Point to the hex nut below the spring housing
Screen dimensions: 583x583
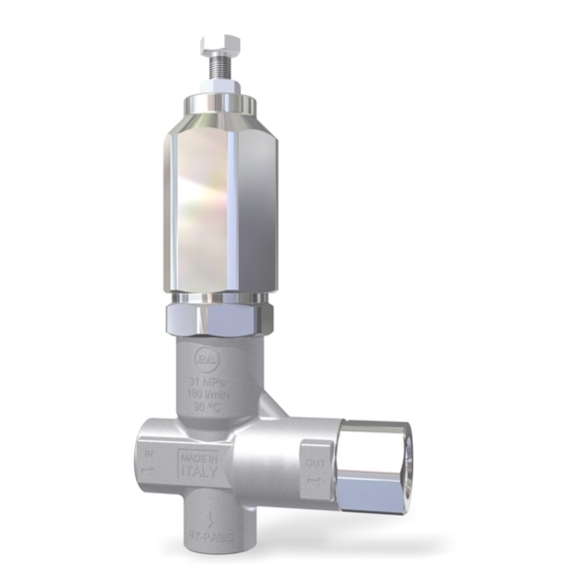tap(219, 316)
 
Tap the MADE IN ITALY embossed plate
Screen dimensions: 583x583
tap(199, 463)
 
